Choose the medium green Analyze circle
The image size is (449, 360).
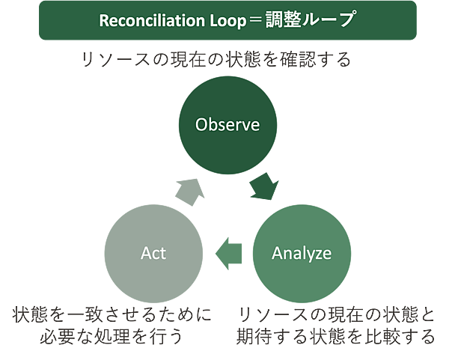pyautogui.click(x=302, y=253)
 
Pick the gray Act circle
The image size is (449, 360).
pyautogui.click(x=153, y=253)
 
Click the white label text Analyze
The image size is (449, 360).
pyautogui.click(x=302, y=253)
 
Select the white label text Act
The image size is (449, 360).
pyautogui.click(x=153, y=253)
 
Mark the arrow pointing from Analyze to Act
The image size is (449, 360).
pyautogui.click(x=227, y=253)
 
